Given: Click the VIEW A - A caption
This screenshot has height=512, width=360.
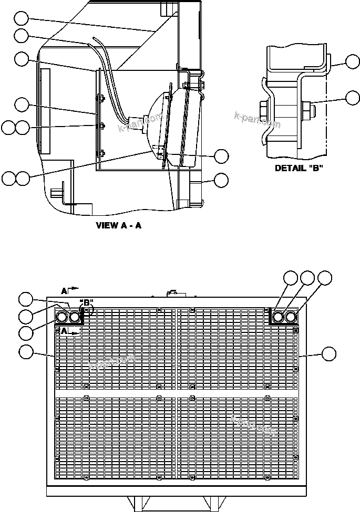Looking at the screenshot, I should (119, 226).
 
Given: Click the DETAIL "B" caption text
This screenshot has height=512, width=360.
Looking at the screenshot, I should (299, 169).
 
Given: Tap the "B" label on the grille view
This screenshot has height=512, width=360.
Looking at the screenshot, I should (86, 303).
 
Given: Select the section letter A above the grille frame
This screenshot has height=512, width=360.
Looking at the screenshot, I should (64, 290).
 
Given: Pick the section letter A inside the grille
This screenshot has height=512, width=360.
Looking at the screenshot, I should (64, 331).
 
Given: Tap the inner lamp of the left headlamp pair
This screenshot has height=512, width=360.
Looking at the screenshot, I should (75, 317).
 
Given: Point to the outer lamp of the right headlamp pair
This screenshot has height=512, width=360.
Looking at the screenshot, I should (290, 317).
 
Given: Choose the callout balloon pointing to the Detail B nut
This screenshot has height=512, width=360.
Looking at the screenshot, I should (353, 97).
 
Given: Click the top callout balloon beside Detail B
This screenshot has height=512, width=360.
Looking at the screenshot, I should (353, 62).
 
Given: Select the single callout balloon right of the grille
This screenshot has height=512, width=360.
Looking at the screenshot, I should (329, 353).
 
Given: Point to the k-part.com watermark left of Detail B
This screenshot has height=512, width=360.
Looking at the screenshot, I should (258, 120).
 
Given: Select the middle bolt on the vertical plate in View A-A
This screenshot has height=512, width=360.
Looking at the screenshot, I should (101, 126).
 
